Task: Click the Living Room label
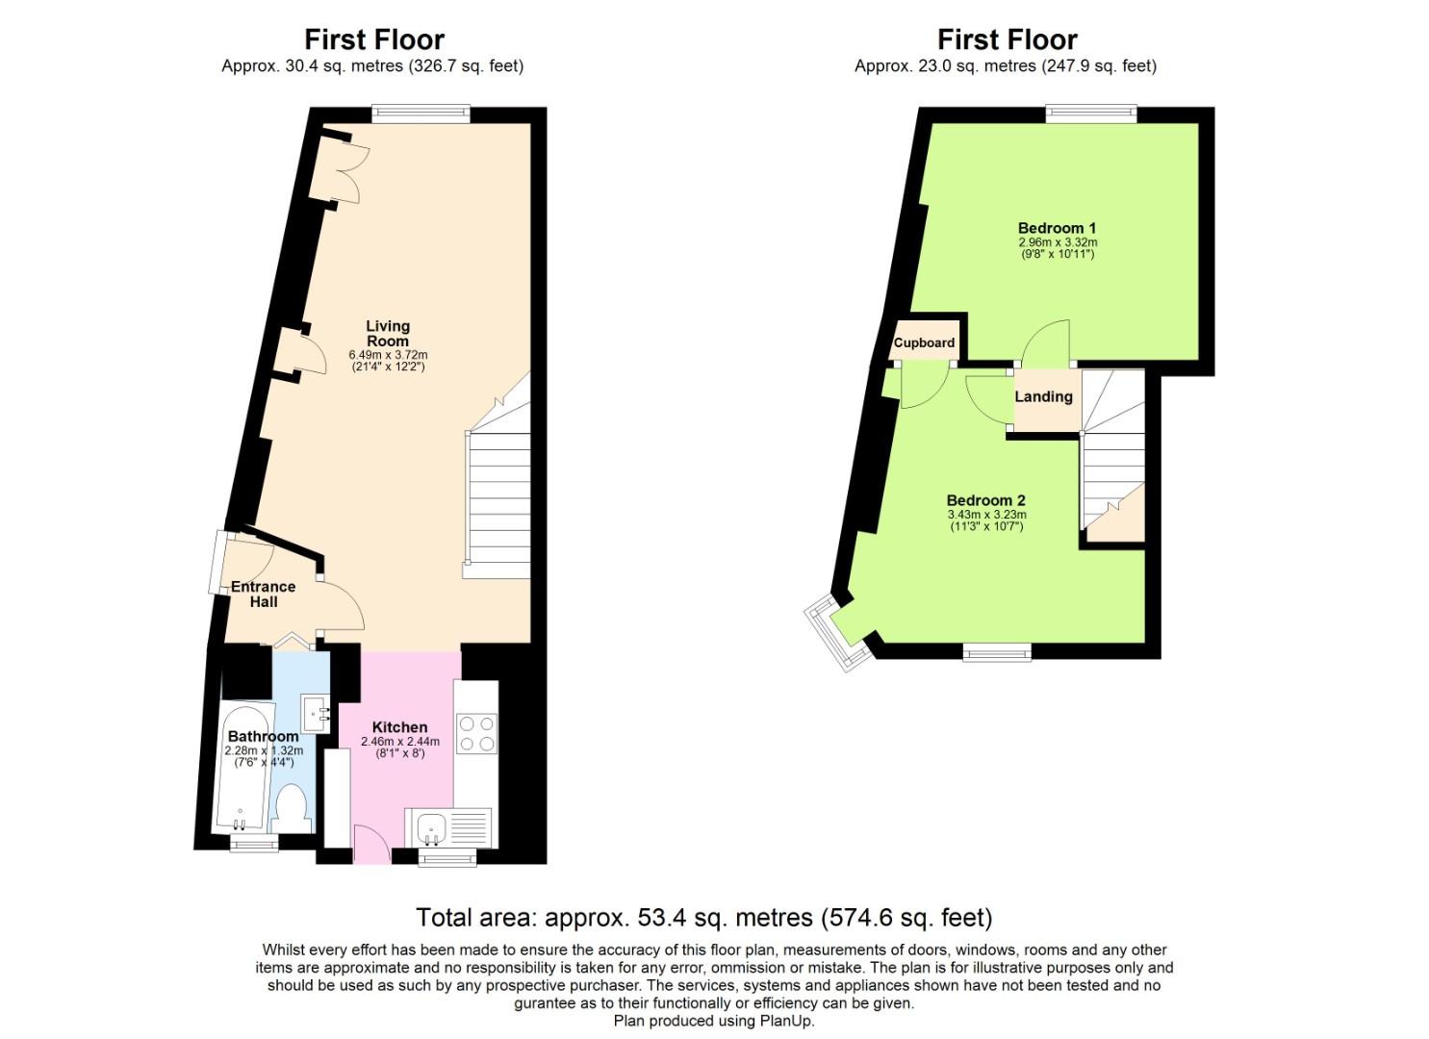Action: [388, 334]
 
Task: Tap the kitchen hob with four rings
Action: [476, 733]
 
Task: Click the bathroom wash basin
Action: [316, 713]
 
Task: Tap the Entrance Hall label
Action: [263, 595]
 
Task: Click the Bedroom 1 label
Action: [1057, 228]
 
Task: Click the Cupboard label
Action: [924, 342]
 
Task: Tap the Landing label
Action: [1043, 396]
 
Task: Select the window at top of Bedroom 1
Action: [1091, 114]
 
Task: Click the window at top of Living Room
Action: [421, 114]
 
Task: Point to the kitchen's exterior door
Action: [370, 846]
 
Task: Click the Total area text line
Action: [703, 917]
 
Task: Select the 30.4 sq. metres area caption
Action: [372, 66]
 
